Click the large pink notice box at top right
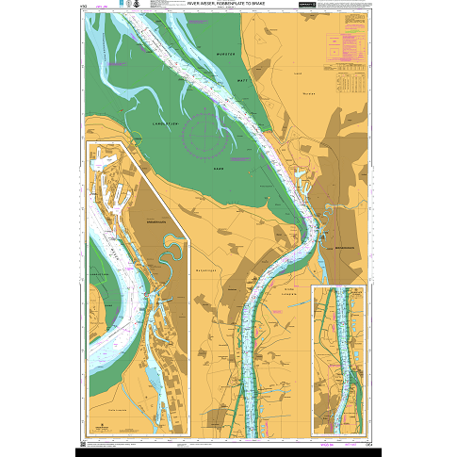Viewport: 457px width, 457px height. pyautogui.click(x=341, y=44)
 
